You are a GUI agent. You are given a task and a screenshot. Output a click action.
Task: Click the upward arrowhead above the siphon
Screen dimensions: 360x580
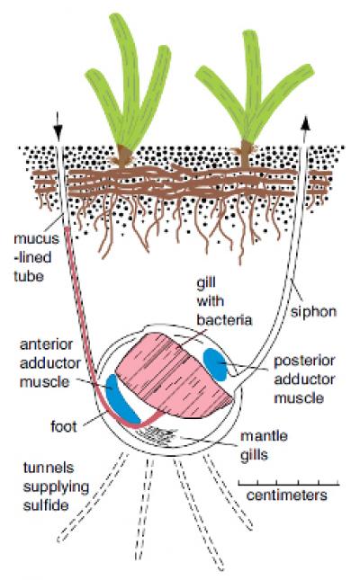[305, 122]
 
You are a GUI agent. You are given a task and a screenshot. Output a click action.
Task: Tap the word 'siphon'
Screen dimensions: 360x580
[313, 312]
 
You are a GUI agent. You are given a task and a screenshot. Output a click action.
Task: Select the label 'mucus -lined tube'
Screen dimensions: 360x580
[36, 257]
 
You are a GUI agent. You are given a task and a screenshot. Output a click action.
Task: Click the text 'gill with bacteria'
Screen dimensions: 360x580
[224, 301]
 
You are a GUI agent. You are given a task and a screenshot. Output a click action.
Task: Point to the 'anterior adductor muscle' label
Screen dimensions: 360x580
[50, 363]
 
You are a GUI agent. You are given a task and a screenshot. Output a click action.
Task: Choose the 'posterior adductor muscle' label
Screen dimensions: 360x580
[304, 379]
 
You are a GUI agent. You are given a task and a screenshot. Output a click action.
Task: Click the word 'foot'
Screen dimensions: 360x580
[64, 426]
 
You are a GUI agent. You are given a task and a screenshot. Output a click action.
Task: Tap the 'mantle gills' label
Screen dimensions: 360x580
[264, 445]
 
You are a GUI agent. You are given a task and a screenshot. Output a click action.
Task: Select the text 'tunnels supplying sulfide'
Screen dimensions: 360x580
[56, 486]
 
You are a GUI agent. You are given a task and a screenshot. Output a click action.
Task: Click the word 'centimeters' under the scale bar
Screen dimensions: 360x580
[287, 495]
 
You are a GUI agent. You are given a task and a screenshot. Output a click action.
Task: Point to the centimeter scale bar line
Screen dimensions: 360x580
[289, 484]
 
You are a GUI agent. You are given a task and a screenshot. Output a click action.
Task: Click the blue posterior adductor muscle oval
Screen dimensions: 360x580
[215, 364]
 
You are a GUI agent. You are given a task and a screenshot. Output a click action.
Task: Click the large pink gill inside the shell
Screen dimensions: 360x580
[175, 374]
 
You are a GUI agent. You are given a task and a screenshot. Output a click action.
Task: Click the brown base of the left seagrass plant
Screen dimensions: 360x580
[124, 156]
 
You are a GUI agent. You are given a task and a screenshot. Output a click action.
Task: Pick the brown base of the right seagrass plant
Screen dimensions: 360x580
[246, 152]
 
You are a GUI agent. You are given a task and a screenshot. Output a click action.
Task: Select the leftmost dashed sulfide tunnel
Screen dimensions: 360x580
[92, 497]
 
